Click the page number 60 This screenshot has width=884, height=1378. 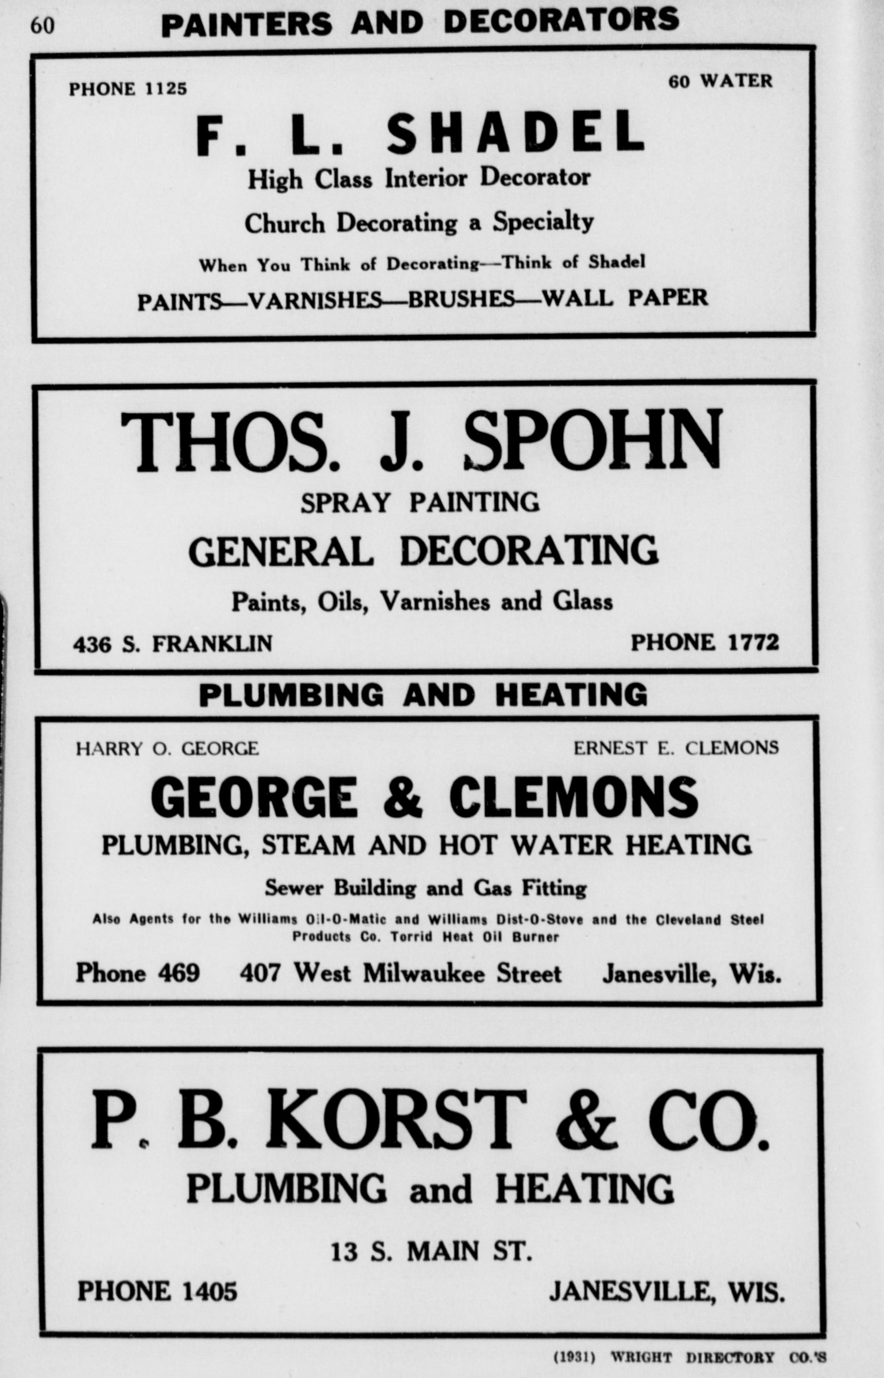click(43, 26)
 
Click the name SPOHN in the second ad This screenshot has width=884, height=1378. click(592, 441)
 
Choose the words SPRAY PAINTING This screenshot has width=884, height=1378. click(420, 503)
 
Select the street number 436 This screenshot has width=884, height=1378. click(92, 644)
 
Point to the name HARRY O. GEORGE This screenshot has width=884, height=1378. click(167, 748)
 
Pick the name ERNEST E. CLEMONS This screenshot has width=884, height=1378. click(676, 748)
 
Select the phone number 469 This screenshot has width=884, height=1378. click(178, 973)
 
